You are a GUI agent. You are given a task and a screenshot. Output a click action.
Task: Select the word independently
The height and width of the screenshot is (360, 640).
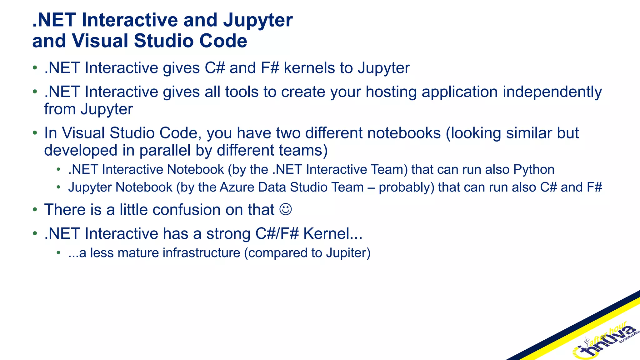pos(552,92)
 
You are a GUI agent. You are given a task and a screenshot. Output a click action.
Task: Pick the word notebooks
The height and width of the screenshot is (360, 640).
pos(404,133)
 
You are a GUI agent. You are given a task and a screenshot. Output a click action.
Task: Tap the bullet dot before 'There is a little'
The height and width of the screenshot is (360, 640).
pos(35,210)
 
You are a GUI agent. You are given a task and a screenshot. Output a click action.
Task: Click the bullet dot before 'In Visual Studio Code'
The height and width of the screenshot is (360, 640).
pos(35,133)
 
